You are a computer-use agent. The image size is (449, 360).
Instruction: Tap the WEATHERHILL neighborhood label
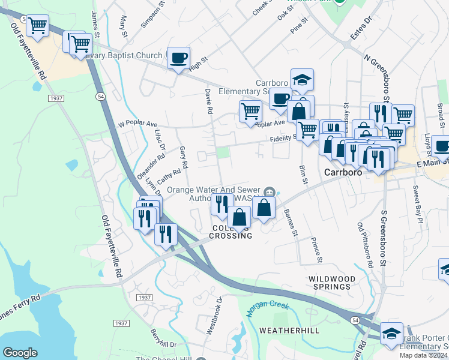click(x=284, y=331)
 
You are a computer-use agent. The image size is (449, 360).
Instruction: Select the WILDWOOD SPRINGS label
click(x=329, y=283)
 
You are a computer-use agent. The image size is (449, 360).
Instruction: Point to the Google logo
click(x=20, y=353)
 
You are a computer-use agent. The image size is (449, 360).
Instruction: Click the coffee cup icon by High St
click(x=179, y=58)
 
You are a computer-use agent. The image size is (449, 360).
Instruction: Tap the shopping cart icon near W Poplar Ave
click(x=250, y=111)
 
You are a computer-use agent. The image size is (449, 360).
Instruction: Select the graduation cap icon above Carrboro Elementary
click(x=302, y=79)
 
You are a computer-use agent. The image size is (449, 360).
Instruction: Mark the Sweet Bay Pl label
click(x=417, y=201)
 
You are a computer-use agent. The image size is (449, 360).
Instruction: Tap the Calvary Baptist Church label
click(x=123, y=56)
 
